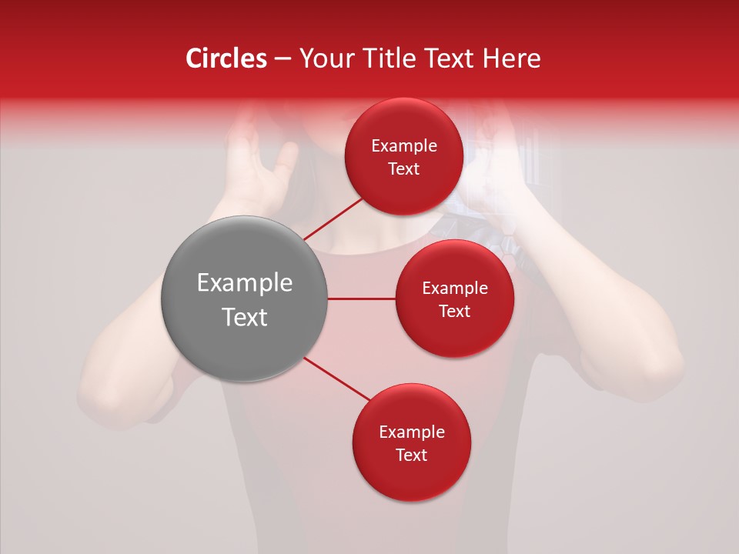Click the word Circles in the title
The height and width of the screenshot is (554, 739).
[226, 58]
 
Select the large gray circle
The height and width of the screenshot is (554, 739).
[244, 299]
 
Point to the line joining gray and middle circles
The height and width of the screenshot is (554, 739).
[362, 299]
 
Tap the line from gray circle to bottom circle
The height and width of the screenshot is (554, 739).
[337, 379]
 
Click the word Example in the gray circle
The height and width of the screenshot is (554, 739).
[244, 283]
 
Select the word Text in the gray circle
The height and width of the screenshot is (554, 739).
[244, 317]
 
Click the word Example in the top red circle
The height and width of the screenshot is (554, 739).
[403, 146]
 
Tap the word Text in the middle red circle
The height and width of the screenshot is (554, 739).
[454, 311]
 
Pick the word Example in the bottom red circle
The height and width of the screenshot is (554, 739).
[411, 432]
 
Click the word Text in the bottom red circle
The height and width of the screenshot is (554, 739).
[411, 455]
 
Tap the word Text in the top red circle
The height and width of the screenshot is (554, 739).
[403, 169]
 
